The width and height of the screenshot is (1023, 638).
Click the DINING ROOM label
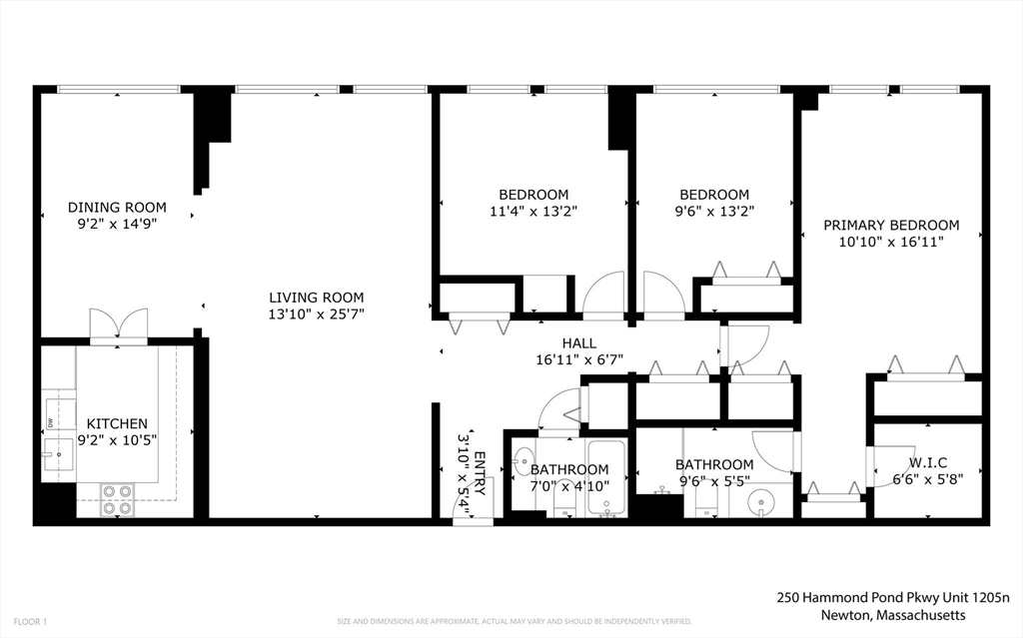117,208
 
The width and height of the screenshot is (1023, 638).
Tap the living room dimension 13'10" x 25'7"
316,314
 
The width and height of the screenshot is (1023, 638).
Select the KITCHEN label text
116,423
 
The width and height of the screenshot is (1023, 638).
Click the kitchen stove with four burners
117,499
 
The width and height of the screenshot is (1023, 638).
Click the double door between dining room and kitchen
118,325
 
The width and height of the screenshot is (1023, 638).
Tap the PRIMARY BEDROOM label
890,226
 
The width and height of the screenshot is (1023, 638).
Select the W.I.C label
928,462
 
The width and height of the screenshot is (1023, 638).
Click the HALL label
578,343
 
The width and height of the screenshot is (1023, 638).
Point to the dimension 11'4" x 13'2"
533,211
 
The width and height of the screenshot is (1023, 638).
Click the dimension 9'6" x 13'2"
713,211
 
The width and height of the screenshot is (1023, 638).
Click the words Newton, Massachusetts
893,614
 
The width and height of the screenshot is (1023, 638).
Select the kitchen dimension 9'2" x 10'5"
116,439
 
